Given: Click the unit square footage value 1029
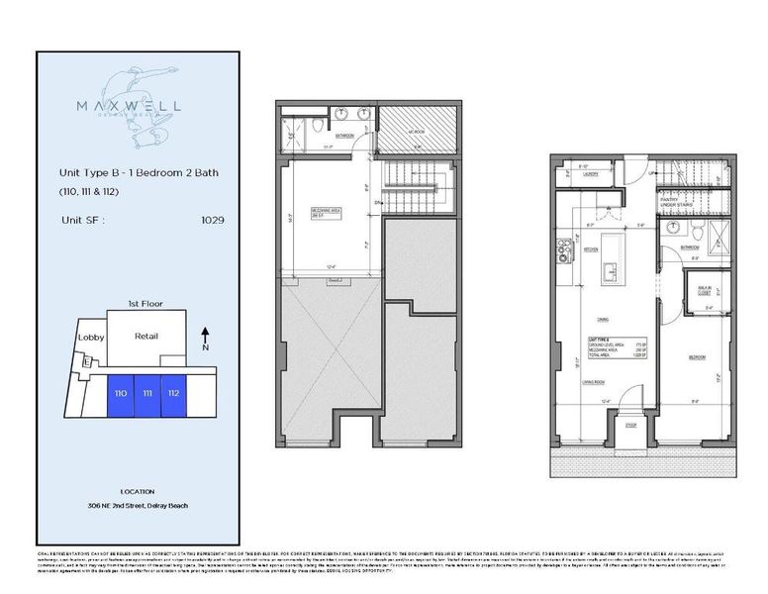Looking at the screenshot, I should point(212,220).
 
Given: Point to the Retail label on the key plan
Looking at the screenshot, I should point(145,336).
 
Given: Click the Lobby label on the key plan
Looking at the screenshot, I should point(90,337).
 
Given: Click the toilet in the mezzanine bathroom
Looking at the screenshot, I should point(316,128).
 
